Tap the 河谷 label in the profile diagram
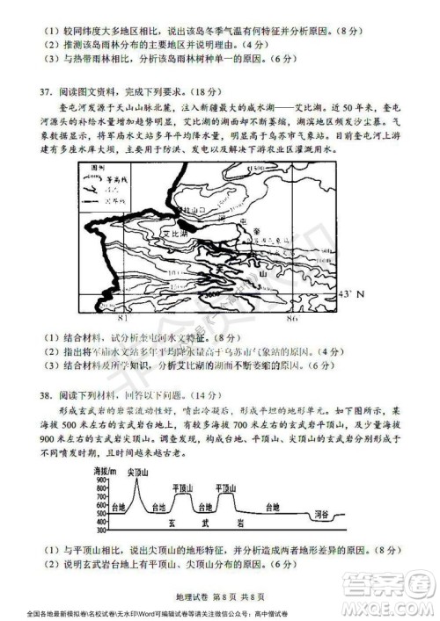(x=395, y=507)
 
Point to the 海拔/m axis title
(x=105, y=472)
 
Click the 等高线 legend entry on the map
(x=114, y=174)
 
